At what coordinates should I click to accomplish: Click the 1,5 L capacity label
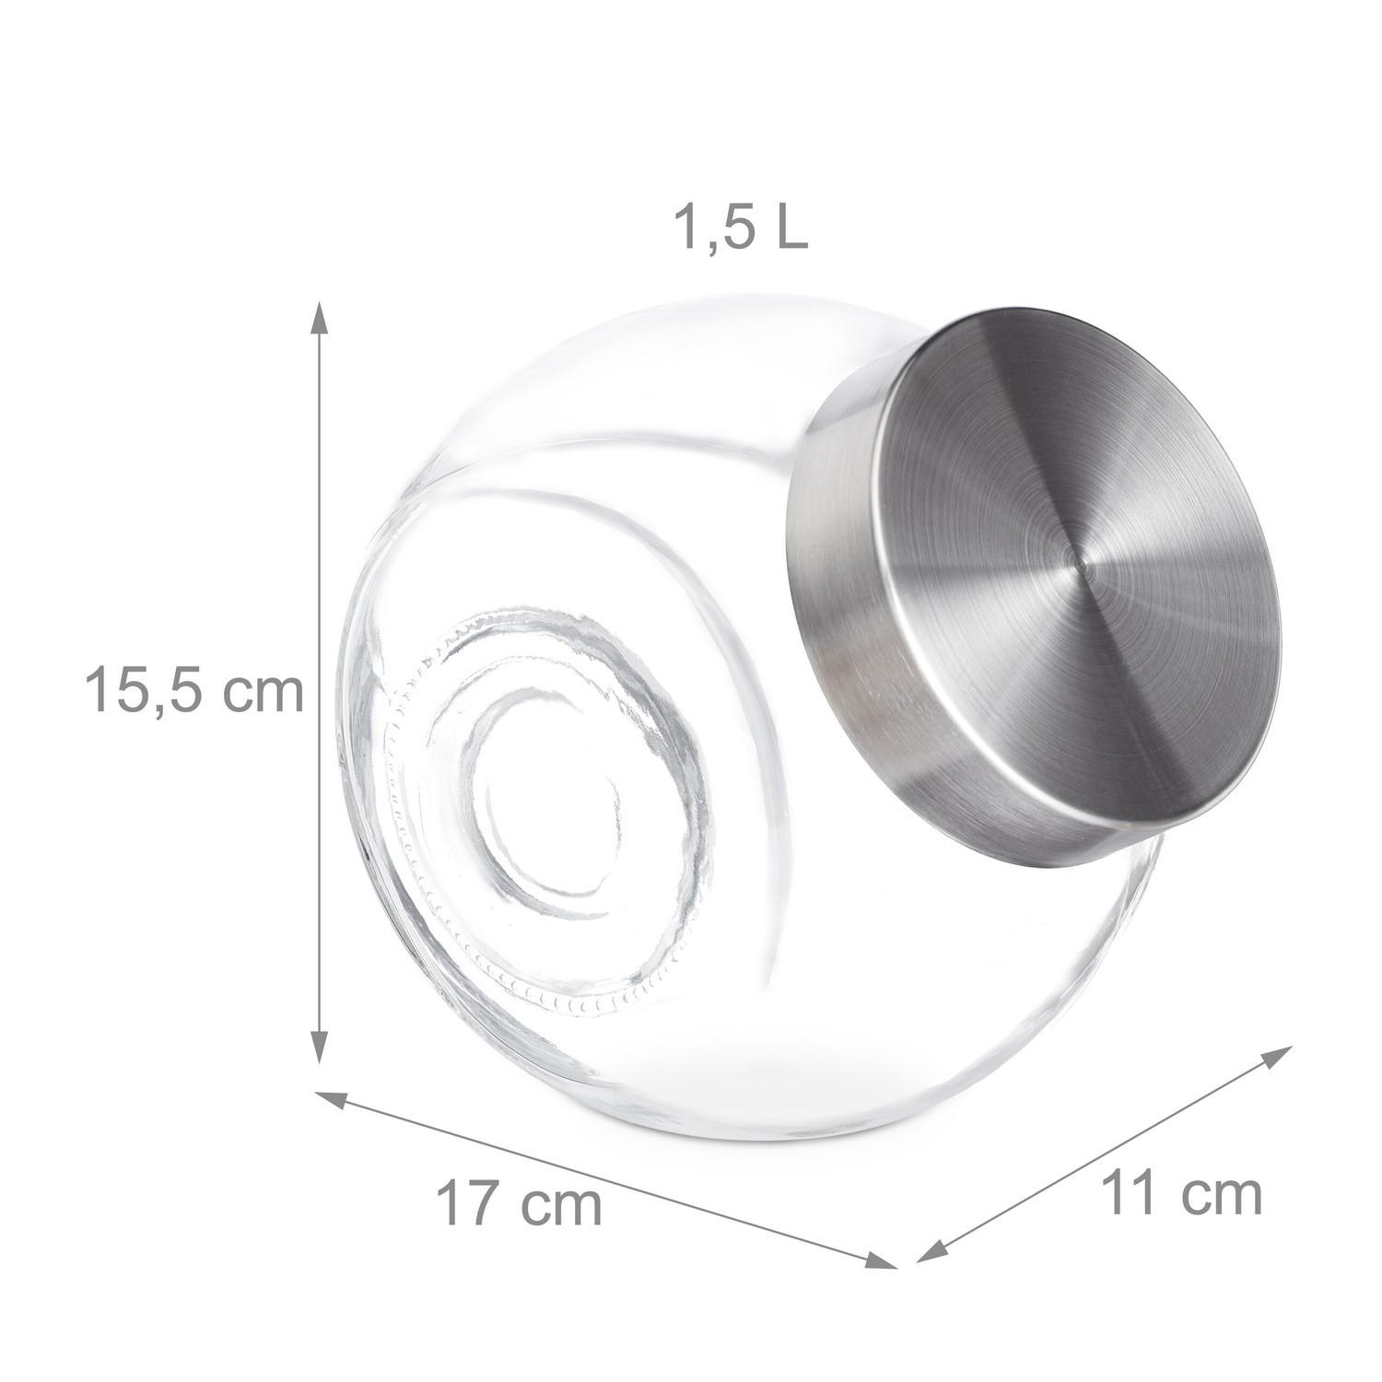tap(743, 229)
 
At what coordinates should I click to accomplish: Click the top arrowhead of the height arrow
tap(320, 318)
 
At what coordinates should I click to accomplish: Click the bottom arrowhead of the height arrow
tap(320, 1046)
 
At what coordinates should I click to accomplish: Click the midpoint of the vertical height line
tap(320, 682)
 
